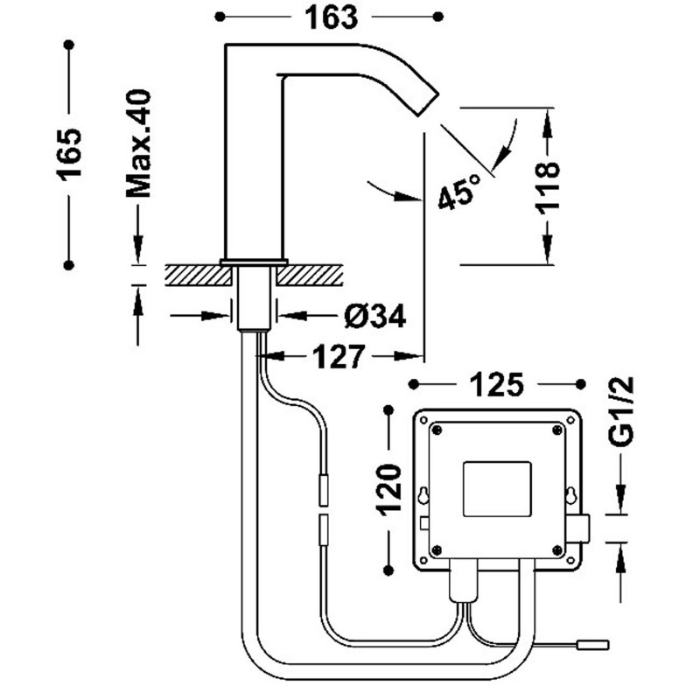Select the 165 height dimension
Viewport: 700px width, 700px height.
tap(69, 153)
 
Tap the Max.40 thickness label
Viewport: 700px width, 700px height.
tap(138, 143)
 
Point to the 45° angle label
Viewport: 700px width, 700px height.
tap(459, 191)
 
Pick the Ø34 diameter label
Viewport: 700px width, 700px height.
tap(374, 317)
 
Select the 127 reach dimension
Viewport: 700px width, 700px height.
tap(339, 356)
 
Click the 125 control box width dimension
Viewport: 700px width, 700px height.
tap(497, 383)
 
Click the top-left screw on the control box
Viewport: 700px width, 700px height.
tap(435, 429)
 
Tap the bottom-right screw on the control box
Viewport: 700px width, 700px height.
tap(557, 549)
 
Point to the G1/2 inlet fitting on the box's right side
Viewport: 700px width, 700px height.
tap(578, 528)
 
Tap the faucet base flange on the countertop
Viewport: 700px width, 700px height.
tap(254, 262)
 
